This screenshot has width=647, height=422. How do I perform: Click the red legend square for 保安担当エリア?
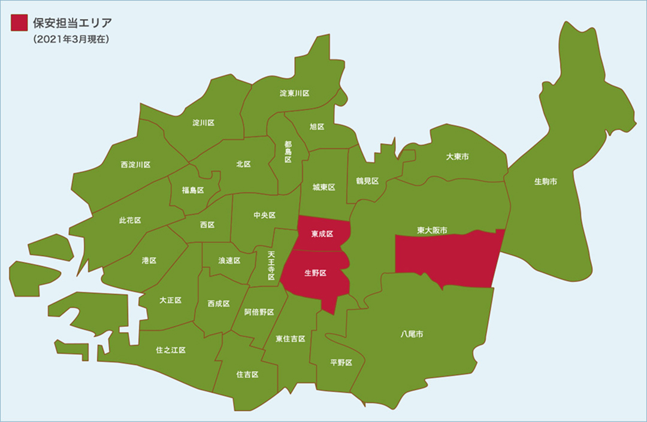19,23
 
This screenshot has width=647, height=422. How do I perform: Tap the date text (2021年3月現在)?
71,41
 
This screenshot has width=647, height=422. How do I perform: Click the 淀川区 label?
203,122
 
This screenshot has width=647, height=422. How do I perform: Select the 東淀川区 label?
295,93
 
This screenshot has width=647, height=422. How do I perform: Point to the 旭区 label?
317,127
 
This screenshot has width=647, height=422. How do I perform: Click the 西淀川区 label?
135,165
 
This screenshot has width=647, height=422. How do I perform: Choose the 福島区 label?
193,190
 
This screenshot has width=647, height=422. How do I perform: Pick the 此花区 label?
130,220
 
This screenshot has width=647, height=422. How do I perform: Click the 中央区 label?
264,215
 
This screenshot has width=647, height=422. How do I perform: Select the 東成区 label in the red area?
322,233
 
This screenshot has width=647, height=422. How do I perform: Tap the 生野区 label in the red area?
315,273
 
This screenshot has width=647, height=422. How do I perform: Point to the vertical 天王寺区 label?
271,263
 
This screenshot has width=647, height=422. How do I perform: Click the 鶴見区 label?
367,181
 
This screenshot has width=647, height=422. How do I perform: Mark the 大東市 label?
457,157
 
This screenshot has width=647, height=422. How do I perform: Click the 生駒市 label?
546,181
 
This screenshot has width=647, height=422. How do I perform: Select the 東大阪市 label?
433,230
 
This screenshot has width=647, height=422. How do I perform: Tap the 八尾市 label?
412,334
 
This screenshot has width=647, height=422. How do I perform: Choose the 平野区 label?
341,363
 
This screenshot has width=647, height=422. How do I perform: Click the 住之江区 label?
171,350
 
